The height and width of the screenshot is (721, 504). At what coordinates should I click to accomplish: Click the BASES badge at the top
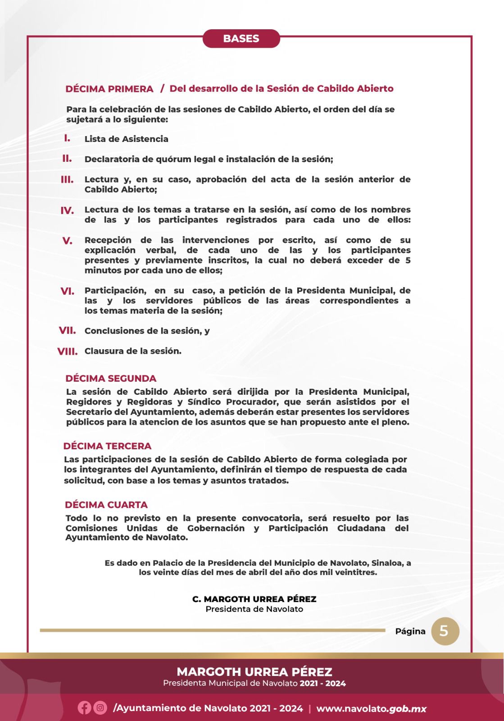point(241,39)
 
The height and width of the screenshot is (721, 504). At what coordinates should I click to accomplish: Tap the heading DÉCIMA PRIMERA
point(109,89)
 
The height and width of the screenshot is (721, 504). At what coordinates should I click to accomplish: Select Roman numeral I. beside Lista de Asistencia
point(67,138)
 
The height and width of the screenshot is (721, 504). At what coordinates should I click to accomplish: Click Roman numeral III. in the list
point(67,180)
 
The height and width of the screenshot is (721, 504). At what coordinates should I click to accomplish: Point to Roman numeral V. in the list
point(67,241)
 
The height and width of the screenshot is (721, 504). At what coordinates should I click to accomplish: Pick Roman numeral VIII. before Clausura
point(68,351)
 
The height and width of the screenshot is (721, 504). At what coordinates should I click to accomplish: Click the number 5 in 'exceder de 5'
point(407,260)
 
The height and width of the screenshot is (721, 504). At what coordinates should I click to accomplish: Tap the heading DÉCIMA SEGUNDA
point(111,379)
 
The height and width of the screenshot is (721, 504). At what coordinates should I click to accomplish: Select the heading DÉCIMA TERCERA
point(107,446)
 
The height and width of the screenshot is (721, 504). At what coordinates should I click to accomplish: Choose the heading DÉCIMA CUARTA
point(106,505)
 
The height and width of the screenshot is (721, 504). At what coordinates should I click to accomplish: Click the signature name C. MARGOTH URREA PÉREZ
point(254,599)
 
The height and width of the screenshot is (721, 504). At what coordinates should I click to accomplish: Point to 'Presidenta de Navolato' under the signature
point(254,609)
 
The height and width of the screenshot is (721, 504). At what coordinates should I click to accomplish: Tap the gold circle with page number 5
point(445,631)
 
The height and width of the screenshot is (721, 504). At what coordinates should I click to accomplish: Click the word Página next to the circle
point(410,631)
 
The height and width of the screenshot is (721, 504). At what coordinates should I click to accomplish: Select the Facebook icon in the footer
point(84,708)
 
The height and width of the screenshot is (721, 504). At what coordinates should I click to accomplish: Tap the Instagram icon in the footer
point(100,708)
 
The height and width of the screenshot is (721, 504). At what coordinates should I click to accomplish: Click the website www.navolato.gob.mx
point(371,708)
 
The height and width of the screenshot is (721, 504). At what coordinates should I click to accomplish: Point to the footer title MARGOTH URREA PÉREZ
point(254,672)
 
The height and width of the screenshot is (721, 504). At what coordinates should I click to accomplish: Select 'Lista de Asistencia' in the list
point(126,139)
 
